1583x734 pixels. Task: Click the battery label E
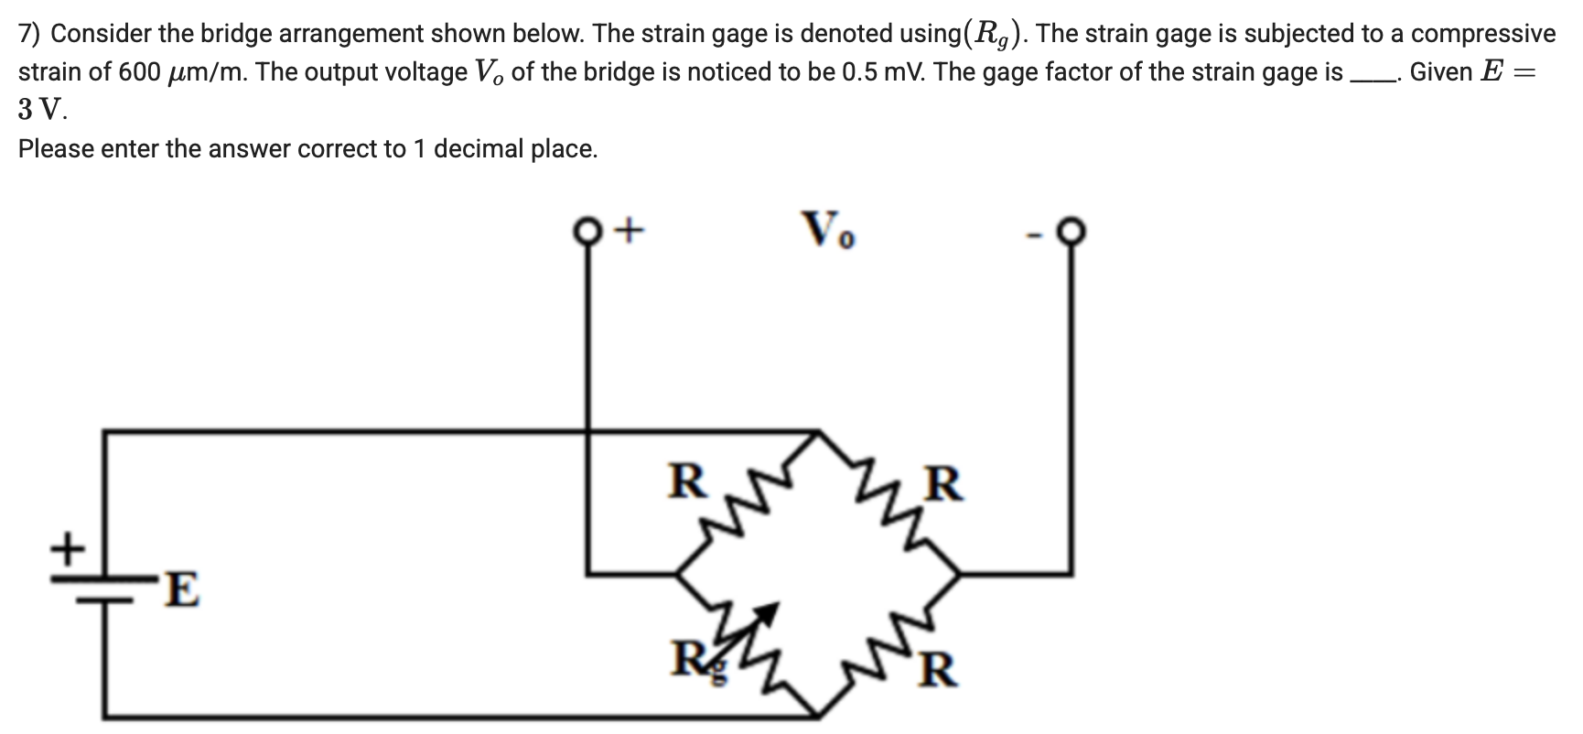[182, 589]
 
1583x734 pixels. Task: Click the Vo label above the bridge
[828, 230]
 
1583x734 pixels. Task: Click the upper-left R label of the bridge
[686, 480]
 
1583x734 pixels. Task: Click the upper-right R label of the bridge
[944, 484]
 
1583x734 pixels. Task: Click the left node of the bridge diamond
[678, 574]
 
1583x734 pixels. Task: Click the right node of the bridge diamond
[960, 574]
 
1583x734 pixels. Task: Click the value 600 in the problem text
[139, 72]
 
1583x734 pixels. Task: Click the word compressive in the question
[1482, 34]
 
